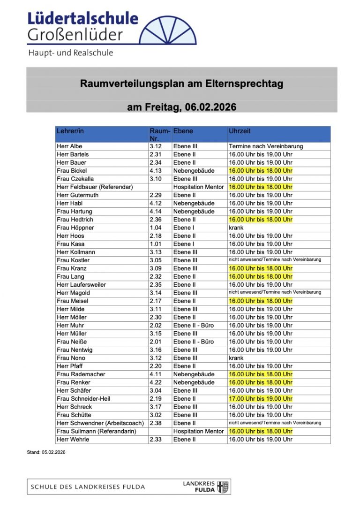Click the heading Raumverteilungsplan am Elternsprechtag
[x=181, y=84]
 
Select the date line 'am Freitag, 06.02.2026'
[x=181, y=107]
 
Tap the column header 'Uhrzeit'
[x=240, y=131]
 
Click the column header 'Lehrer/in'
[x=70, y=131]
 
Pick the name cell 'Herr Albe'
[x=69, y=146]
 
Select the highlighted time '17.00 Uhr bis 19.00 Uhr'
[x=260, y=399]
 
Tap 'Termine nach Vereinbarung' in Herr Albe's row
[x=266, y=146]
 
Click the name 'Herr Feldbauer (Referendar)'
[x=95, y=187]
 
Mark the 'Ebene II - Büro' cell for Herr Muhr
[x=194, y=325]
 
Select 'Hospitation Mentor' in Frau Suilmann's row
[x=198, y=431]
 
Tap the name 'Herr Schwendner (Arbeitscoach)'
[x=100, y=423]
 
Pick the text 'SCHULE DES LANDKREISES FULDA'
[x=88, y=487]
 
